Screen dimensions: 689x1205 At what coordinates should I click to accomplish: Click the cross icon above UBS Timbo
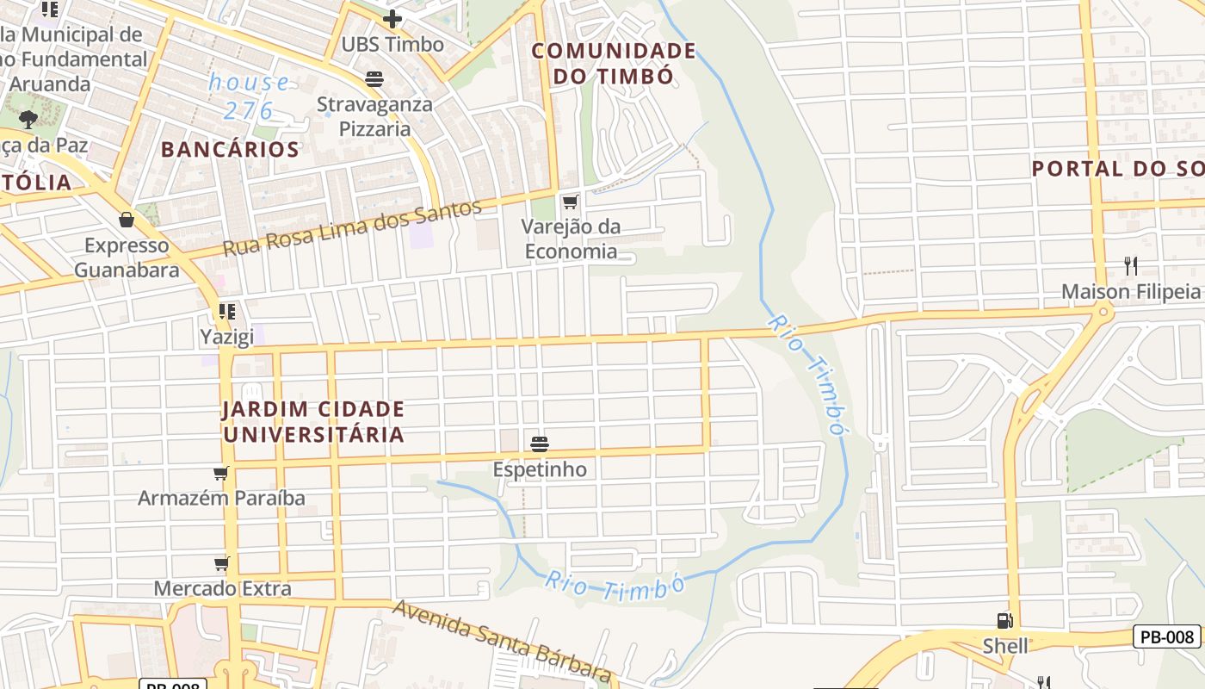392,18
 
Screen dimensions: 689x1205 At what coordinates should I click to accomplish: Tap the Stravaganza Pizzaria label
374,117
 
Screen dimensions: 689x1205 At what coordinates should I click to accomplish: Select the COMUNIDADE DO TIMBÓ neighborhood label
613,63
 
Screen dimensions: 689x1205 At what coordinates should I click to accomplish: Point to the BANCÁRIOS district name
230,149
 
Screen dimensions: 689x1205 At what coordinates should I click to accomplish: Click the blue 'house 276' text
249,96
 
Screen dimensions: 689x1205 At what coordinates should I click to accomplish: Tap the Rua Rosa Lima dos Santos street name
352,228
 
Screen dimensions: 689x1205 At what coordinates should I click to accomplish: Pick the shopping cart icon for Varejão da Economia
570,202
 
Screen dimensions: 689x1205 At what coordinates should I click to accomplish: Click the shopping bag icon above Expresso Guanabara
127,220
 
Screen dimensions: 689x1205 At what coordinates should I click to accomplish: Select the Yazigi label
227,336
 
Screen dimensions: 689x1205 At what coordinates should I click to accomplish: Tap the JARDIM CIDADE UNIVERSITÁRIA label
313,421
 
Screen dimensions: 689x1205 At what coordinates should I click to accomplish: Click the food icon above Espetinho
540,444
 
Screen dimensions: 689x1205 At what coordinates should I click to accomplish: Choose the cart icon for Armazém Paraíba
221,473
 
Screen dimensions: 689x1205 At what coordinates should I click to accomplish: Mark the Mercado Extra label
222,589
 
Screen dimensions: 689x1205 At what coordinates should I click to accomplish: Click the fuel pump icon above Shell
1004,620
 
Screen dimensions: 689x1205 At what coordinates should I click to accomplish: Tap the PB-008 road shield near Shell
1166,636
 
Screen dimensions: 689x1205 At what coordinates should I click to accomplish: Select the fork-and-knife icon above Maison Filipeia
1130,265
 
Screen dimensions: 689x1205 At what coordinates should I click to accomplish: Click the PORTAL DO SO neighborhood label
1117,168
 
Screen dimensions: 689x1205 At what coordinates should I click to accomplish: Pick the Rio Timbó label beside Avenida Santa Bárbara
614,587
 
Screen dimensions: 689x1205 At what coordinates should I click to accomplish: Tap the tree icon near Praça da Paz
28,119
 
